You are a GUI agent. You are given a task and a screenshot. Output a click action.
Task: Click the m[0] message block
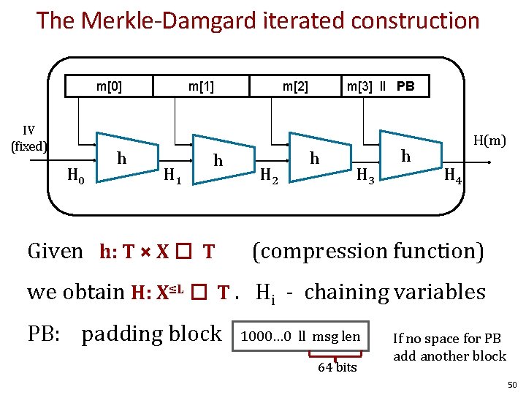110,86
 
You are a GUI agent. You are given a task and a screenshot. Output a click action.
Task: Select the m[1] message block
201,86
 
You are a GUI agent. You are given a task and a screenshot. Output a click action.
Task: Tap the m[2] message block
295,86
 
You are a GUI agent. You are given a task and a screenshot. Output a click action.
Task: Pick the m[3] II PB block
381,86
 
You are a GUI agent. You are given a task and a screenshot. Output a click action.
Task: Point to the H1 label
172,175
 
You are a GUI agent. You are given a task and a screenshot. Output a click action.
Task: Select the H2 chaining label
269,175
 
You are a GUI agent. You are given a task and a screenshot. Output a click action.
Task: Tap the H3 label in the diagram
365,175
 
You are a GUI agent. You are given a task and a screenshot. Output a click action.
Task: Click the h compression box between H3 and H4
406,157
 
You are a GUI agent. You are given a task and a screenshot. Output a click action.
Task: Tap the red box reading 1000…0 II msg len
301,336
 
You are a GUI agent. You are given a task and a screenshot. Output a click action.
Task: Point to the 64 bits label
336,367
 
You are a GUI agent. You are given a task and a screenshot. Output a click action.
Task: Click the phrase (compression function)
367,251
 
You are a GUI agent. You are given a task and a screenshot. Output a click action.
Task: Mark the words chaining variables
394,292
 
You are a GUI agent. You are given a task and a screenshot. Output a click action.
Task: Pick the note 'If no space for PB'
447,339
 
